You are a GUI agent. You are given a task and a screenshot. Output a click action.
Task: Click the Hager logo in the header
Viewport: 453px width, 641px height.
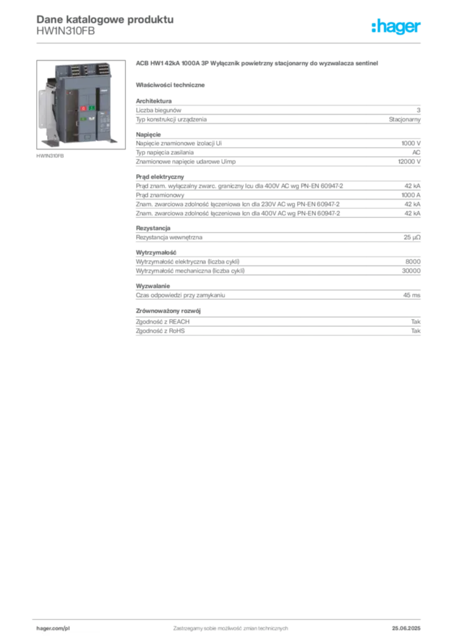click(396, 27)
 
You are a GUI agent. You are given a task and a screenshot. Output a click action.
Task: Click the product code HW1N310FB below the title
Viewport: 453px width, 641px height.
click(65, 31)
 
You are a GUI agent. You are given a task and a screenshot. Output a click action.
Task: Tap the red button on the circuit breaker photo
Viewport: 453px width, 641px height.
click(83, 108)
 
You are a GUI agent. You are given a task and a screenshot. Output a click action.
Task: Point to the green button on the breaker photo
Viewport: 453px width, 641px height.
click(92, 108)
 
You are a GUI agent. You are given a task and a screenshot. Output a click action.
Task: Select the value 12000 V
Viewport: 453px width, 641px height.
click(409, 162)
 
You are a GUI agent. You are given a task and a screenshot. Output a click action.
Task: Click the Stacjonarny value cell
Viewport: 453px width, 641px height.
click(404, 120)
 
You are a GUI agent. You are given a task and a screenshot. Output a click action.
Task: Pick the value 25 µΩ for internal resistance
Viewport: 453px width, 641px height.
click(412, 237)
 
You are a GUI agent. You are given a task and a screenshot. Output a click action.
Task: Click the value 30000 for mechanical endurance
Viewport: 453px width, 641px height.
click(411, 270)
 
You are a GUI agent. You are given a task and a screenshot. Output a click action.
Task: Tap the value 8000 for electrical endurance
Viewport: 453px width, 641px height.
click(412, 262)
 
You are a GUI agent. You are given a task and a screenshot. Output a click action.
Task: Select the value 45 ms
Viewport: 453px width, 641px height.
click(412, 295)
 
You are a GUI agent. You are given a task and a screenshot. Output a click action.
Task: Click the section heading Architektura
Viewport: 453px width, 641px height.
click(153, 101)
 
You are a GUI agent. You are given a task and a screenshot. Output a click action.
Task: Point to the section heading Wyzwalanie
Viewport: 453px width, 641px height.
click(153, 286)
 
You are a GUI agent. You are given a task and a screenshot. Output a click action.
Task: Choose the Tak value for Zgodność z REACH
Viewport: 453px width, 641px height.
click(415, 322)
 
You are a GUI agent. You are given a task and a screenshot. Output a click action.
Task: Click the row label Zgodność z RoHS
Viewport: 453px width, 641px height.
click(160, 331)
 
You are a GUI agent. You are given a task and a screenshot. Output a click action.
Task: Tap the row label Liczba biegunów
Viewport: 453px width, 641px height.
click(158, 110)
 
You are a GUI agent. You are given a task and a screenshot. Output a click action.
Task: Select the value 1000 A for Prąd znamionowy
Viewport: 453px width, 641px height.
click(410, 195)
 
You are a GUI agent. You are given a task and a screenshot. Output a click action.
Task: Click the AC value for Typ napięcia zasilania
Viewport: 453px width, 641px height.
click(416, 153)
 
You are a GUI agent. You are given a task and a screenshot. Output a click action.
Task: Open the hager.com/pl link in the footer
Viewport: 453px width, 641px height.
click(53, 628)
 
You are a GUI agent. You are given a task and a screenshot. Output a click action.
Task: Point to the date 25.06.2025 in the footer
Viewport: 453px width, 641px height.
click(406, 628)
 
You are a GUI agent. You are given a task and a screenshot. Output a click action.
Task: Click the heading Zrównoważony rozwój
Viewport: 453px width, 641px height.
click(168, 311)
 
